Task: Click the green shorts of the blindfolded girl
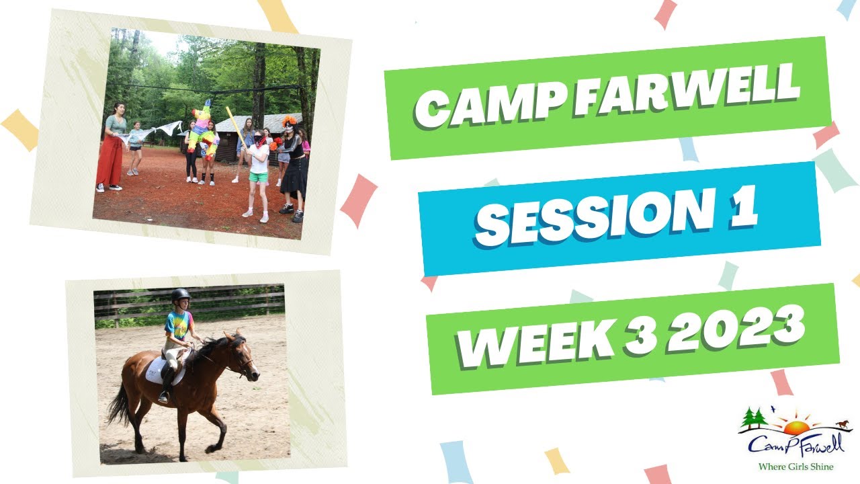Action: point(259,177)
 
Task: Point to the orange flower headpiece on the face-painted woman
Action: point(290,121)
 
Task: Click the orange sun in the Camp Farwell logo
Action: point(796,428)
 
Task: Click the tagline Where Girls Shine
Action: point(795,467)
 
